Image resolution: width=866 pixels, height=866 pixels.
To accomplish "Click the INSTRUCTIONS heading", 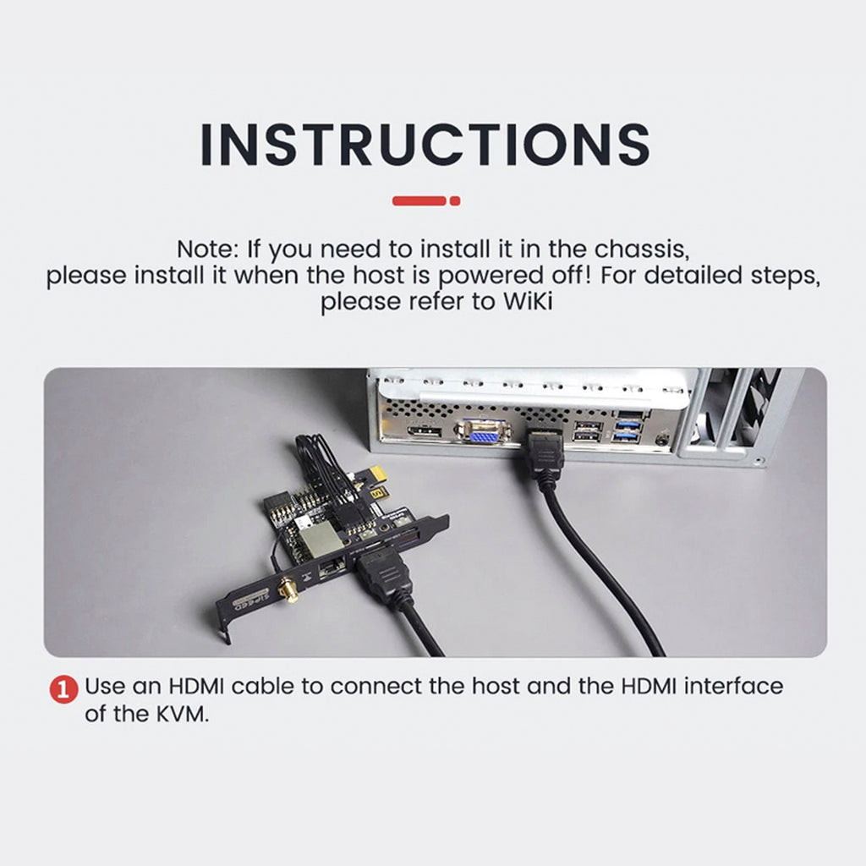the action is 425,145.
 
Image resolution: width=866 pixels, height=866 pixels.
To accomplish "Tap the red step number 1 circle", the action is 63,689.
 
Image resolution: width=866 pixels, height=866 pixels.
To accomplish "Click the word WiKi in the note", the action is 527,302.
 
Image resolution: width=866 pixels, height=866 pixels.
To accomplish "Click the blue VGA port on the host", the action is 483,430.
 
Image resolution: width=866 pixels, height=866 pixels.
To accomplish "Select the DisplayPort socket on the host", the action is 425,431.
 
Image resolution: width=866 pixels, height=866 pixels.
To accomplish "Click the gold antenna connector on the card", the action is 288,591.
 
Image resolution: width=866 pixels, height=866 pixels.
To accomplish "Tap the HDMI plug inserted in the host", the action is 544,450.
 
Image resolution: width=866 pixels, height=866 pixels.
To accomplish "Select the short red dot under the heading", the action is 454,201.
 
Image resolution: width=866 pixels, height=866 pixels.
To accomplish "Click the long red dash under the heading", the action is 419,201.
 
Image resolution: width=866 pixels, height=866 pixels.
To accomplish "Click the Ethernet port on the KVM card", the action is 332,567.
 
